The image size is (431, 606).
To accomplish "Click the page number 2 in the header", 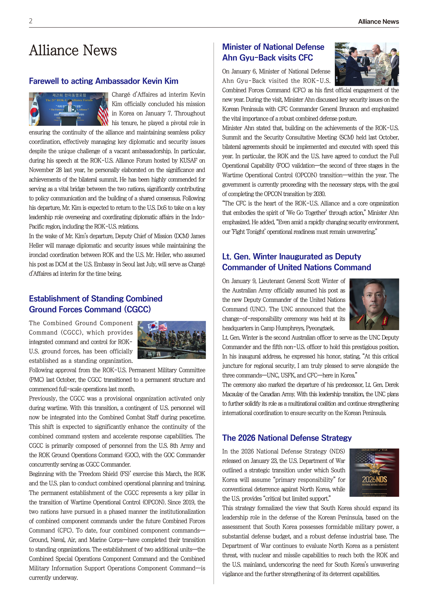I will (x=31, y=21).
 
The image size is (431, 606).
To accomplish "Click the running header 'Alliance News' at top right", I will (x=378, y=22).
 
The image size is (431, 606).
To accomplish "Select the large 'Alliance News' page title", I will (x=73, y=51).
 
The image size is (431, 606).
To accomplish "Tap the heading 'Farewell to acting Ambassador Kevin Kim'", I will (x=103, y=81).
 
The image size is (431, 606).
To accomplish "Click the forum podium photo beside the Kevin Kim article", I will (x=69, y=109).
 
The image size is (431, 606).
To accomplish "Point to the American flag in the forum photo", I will (x=103, y=109).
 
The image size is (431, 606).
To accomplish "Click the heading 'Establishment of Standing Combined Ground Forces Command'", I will (x=95, y=304).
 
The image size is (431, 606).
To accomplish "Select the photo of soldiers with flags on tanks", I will (x=172, y=340).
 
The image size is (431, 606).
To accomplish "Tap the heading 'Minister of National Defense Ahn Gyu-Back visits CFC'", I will (x=273, y=52).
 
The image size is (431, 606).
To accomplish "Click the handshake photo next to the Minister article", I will (x=366, y=64).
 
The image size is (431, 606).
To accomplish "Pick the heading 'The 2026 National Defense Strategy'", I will (x=287, y=438).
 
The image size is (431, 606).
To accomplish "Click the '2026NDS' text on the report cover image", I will (x=374, y=479).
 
